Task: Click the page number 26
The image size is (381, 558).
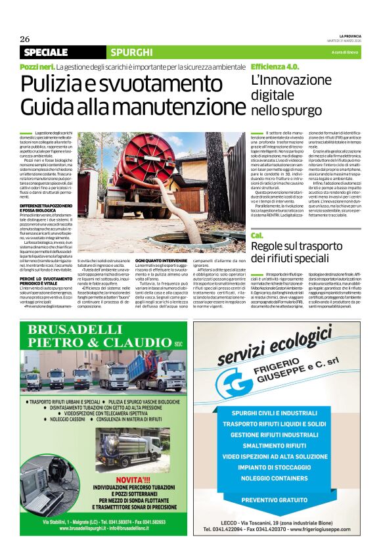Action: [25, 39]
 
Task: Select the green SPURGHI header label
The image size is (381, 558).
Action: [131, 53]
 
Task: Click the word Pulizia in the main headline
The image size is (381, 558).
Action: [52, 85]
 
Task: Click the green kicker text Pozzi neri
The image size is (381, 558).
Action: [36, 68]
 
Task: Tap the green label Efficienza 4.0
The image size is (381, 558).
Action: [275, 67]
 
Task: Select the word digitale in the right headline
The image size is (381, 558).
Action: [273, 95]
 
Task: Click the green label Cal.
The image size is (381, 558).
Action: [257, 235]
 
